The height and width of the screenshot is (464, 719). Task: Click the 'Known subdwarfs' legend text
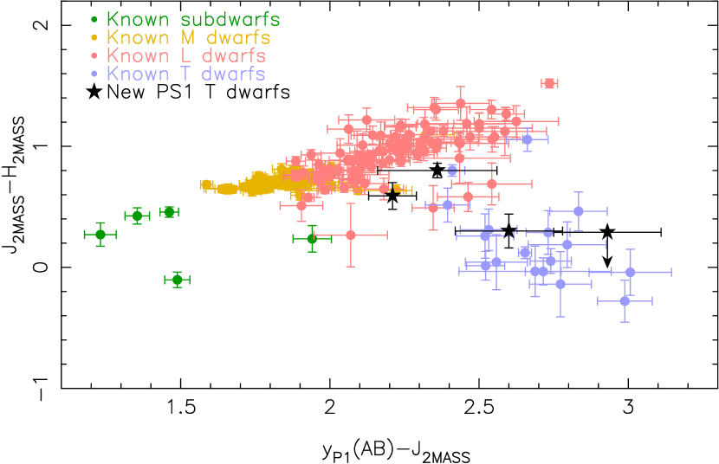pyautogui.click(x=192, y=19)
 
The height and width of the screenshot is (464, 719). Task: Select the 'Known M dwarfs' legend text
pyautogui.click(x=188, y=37)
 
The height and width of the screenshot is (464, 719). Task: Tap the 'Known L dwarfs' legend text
pyautogui.click(x=185, y=55)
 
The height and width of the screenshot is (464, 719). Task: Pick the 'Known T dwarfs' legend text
pyautogui.click(x=185, y=74)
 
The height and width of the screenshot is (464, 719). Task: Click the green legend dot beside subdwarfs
pyautogui.click(x=94, y=19)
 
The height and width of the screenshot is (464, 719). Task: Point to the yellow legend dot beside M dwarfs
pyautogui.click(x=94, y=37)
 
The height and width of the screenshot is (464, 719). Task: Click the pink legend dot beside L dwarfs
pyautogui.click(x=94, y=55)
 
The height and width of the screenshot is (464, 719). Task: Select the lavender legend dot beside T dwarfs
pyautogui.click(x=94, y=74)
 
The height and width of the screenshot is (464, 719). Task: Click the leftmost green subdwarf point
pyautogui.click(x=100, y=235)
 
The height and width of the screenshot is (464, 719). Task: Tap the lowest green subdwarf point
pyautogui.click(x=178, y=280)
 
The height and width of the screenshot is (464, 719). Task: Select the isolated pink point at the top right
pyautogui.click(x=549, y=83)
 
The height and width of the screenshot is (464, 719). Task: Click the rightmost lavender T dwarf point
pyautogui.click(x=630, y=272)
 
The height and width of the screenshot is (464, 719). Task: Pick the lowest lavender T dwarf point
pyautogui.click(x=625, y=301)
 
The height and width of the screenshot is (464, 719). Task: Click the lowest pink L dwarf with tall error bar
pyautogui.click(x=351, y=235)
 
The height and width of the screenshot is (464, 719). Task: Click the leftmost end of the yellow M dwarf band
pyautogui.click(x=204, y=184)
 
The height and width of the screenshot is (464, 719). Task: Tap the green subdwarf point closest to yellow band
pyautogui.click(x=170, y=212)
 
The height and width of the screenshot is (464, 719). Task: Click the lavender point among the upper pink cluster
pyautogui.click(x=527, y=139)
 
